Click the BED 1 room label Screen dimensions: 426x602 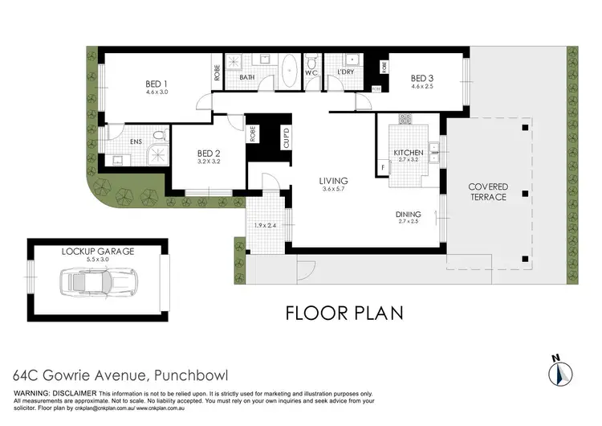pos(157,83)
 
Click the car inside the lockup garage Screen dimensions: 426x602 pos(99,283)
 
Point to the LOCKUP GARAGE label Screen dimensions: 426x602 pos(98,251)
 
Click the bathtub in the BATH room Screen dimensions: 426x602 pos(289,69)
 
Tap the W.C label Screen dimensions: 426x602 pos(313,73)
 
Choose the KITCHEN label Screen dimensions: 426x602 pos(408,153)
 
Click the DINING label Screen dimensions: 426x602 pos(409,214)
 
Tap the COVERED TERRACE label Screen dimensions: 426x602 pos(488,192)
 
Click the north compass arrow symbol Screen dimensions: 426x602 pos(559,371)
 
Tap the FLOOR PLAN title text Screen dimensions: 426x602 pos(344,313)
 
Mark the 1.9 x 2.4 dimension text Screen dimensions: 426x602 pos(265,226)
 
